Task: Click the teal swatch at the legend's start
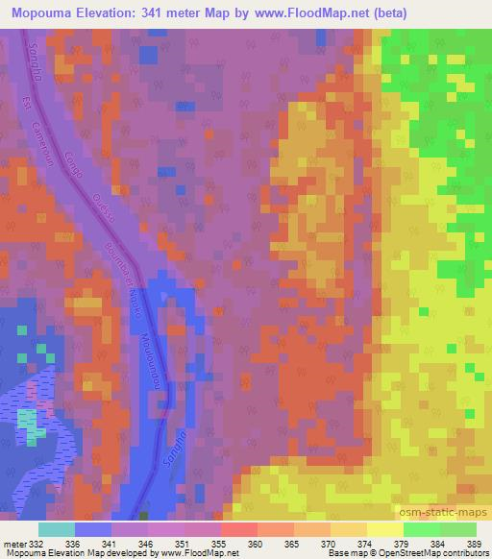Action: (x=57, y=529)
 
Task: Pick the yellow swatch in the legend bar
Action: (x=385, y=529)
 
